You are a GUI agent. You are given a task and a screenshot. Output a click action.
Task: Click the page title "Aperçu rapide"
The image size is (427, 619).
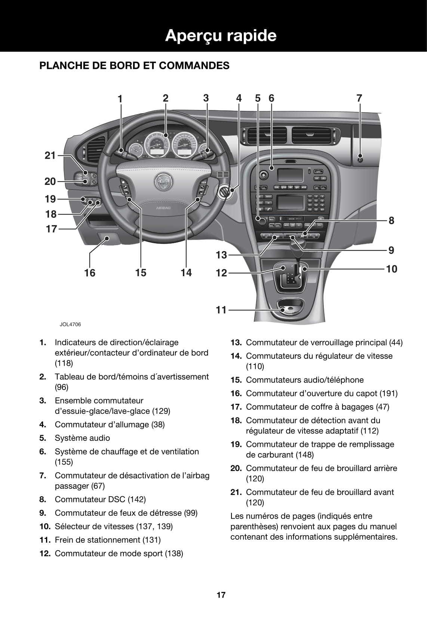[x=221, y=36]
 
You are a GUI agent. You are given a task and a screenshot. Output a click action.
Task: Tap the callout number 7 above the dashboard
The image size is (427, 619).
[x=359, y=98]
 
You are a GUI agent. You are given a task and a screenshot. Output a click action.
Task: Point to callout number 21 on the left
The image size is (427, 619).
[x=50, y=155]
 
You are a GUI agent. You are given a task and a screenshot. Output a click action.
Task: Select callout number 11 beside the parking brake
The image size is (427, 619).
[x=221, y=310]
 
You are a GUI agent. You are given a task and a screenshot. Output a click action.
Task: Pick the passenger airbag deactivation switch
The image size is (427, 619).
[x=360, y=157]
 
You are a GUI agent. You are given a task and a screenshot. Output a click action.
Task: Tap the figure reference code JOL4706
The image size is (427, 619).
[x=70, y=324]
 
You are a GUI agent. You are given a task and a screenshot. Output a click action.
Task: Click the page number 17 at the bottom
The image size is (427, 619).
[x=221, y=595]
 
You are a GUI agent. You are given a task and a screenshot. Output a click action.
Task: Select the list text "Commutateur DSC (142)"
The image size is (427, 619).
[x=100, y=499]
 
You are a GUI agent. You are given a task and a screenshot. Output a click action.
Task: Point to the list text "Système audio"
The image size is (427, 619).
[x=82, y=438]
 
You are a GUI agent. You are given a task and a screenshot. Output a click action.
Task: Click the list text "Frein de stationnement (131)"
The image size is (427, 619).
[x=108, y=540]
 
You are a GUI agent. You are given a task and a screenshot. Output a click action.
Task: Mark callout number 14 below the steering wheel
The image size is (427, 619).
[x=186, y=273]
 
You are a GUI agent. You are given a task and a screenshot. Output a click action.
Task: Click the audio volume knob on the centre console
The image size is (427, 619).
[x=261, y=220]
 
